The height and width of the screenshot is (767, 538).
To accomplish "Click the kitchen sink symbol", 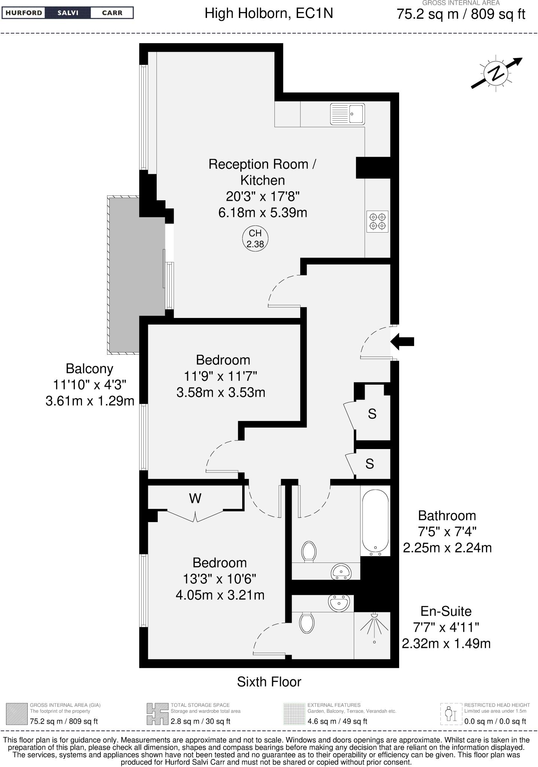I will point(347,114).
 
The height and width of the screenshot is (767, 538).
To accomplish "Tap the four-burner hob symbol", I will point(377,221).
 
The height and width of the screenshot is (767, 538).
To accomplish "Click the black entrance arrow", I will point(402,341).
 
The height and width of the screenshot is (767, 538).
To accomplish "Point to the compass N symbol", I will point(496,73).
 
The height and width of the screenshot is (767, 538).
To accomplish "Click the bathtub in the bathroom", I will point(375,521).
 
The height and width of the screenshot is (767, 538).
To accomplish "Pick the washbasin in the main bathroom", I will point(341,572).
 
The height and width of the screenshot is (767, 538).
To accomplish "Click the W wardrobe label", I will point(195,498).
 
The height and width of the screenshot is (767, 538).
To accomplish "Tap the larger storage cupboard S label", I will point(372,414).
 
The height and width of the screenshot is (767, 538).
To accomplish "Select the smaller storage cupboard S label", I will point(370,464).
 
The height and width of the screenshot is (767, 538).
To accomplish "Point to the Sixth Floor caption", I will point(269,682).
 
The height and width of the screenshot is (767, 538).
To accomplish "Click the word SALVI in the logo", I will point(68,13).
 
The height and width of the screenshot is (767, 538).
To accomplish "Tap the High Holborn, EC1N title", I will point(268,14).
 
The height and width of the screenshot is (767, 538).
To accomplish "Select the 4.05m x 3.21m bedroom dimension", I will point(220,595).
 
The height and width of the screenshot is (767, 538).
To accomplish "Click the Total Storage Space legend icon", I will point(157,714).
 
